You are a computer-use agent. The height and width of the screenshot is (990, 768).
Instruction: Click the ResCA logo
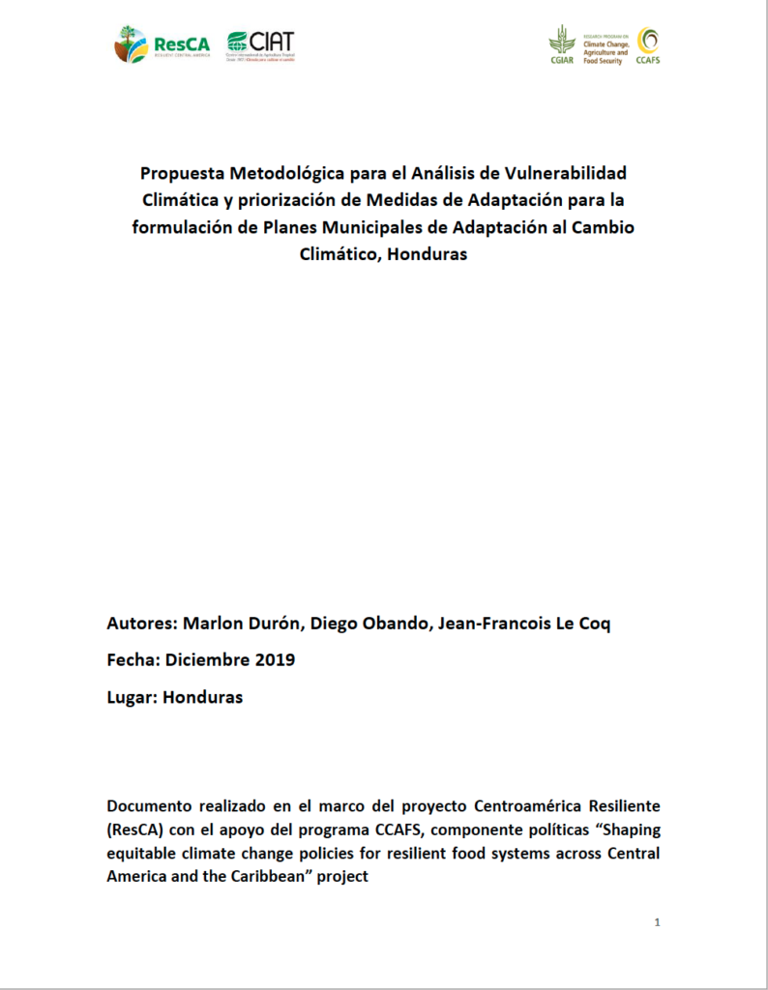[162, 44]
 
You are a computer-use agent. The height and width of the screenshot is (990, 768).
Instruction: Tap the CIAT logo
[261, 44]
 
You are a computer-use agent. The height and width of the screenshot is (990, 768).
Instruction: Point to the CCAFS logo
[648, 44]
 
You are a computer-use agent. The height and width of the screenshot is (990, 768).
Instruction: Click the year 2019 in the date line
[273, 661]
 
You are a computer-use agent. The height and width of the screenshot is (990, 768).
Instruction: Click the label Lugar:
[132, 697]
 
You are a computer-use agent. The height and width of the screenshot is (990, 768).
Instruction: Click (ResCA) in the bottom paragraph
[136, 830]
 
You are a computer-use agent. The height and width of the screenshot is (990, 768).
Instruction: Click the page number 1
[657, 922]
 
